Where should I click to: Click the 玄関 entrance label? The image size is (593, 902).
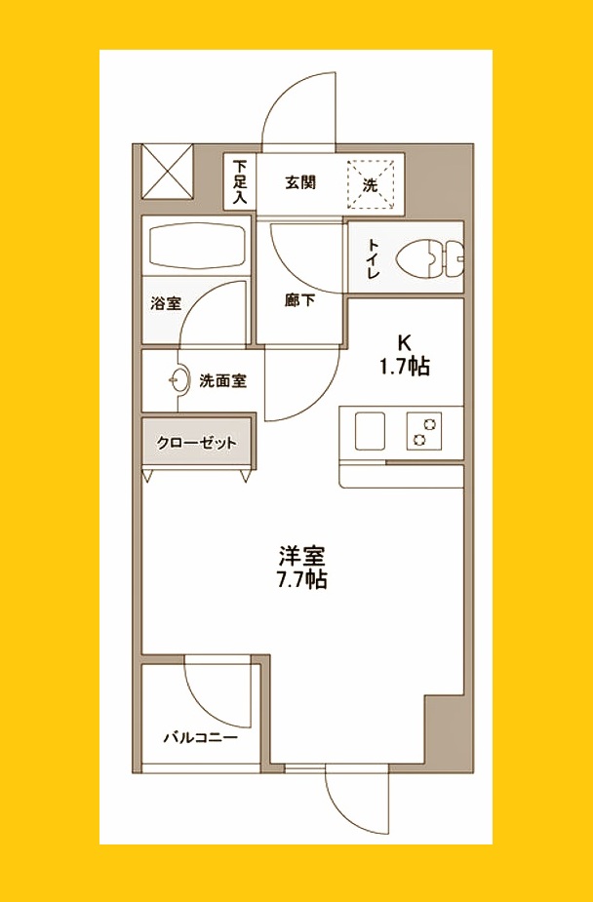[300, 182]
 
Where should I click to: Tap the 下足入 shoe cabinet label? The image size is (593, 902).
[240, 182]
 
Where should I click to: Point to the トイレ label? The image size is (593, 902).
[372, 257]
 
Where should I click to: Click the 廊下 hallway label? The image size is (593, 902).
[299, 301]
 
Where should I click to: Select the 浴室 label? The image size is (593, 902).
[165, 303]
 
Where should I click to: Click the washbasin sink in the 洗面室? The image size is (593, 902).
[178, 380]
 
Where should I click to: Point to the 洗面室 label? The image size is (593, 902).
[222, 381]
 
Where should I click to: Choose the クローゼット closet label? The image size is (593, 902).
[197, 444]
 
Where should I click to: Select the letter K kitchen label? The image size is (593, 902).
[405, 343]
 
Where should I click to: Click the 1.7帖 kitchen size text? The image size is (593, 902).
[405, 367]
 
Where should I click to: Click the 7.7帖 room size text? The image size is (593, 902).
[300, 580]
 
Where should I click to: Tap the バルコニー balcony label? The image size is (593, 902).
[200, 738]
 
